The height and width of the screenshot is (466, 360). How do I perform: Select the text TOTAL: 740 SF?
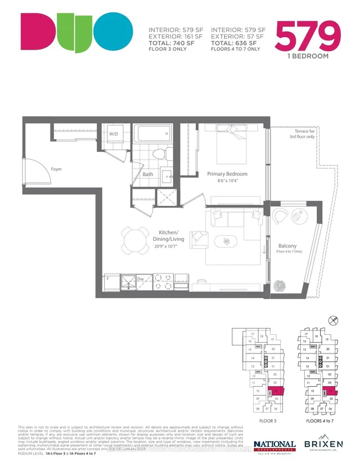point(172,43)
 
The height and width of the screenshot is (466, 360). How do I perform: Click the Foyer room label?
point(56,169)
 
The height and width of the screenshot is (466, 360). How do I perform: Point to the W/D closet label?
point(114,134)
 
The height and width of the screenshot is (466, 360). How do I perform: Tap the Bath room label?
point(147,174)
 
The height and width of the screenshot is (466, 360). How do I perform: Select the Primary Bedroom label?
point(227,174)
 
